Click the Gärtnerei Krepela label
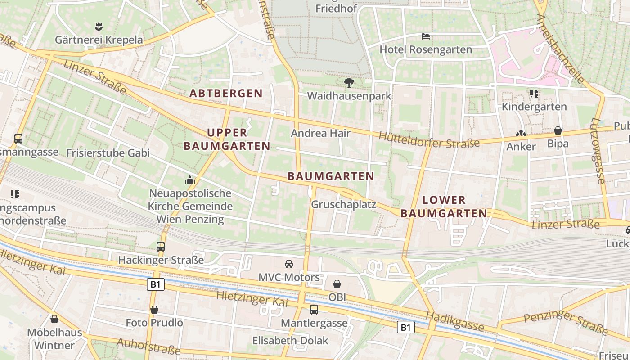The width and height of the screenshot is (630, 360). (x=99, y=40)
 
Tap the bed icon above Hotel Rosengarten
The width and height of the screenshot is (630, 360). (x=426, y=36)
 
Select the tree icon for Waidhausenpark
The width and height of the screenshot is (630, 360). (x=349, y=83)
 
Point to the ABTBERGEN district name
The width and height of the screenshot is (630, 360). (x=226, y=93)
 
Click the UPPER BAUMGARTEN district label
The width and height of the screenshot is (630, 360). (x=227, y=139)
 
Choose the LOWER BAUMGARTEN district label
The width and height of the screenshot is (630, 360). (x=444, y=207)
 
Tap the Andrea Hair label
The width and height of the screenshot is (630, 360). (x=321, y=133)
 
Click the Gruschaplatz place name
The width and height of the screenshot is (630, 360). (x=344, y=204)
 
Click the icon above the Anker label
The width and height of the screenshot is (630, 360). (x=521, y=134)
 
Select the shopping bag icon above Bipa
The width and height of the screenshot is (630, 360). (x=558, y=130)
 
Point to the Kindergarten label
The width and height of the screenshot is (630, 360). (x=534, y=107)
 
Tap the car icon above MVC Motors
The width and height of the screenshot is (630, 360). (x=289, y=264)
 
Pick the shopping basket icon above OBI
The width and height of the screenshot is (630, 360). (x=337, y=283)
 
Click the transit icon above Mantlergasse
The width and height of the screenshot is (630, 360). (x=314, y=310)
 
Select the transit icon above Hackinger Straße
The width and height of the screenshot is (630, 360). (x=161, y=246)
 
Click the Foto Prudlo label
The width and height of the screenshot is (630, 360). (x=154, y=323)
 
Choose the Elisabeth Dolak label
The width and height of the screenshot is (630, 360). (x=290, y=340)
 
